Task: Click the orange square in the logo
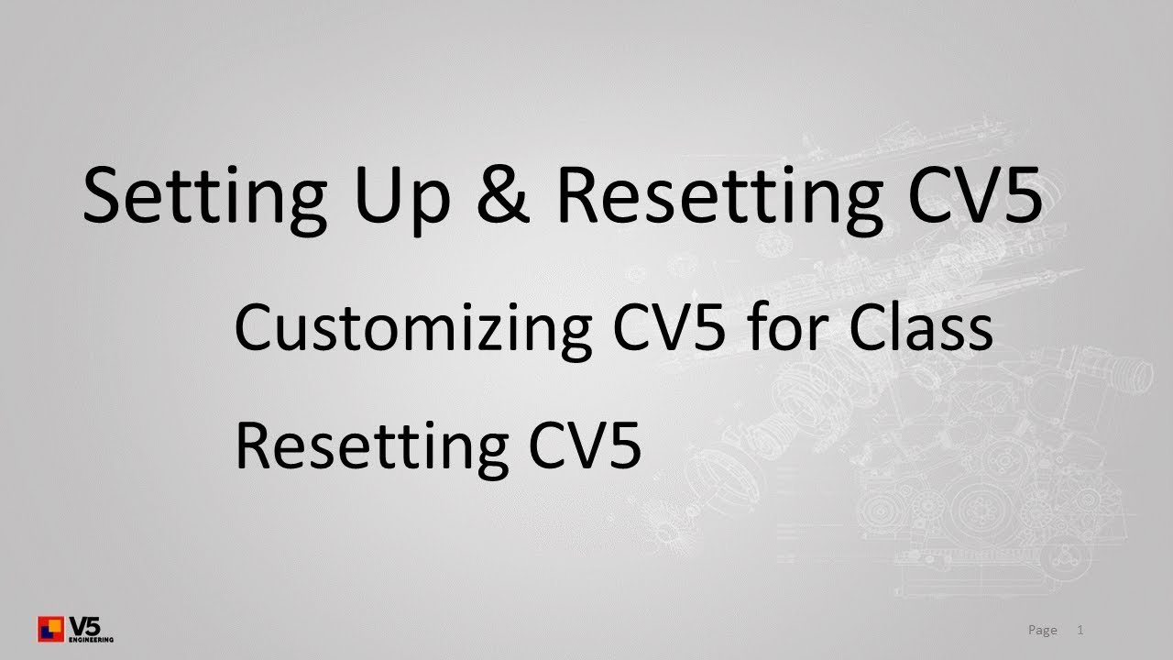pyautogui.click(x=54, y=625)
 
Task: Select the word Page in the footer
pyautogui.click(x=1043, y=630)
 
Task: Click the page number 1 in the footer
pyautogui.click(x=1080, y=630)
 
